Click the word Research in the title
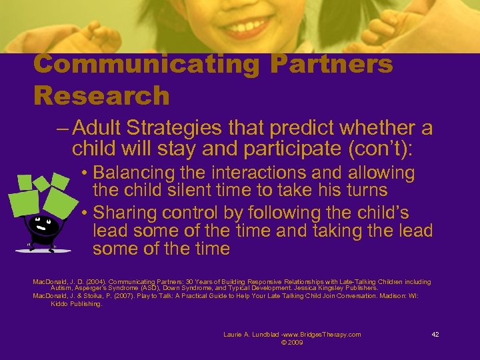101,95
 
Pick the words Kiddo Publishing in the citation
77,303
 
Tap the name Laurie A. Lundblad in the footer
254,335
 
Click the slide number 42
435,335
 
